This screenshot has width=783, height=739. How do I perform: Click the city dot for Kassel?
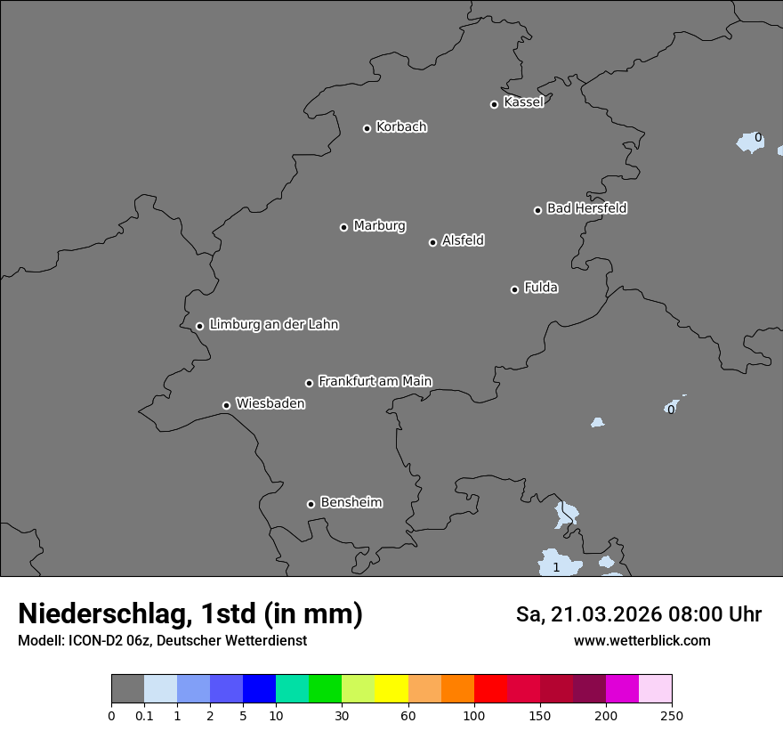point(494,104)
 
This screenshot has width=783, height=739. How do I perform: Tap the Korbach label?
point(401,127)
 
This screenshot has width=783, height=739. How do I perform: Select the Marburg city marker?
point(343,227)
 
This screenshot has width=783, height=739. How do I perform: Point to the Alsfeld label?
point(463,240)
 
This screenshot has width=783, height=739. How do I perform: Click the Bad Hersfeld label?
point(586,208)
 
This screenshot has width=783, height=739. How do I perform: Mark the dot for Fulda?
point(514,289)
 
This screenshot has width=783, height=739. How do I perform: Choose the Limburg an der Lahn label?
point(273,325)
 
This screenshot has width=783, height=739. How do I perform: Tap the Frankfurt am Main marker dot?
point(309,383)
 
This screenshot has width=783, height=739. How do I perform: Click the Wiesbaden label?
point(270,404)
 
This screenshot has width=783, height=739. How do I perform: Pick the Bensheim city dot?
point(311,504)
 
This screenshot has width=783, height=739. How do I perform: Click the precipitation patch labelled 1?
point(557,566)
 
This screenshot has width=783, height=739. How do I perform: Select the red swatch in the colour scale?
point(490,689)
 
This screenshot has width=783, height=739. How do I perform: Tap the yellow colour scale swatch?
point(391,689)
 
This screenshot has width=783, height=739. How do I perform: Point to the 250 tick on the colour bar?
point(672,715)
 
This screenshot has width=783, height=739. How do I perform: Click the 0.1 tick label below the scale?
point(144,715)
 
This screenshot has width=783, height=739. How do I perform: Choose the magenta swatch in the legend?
point(622,689)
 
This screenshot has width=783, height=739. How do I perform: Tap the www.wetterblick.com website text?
point(642,641)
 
